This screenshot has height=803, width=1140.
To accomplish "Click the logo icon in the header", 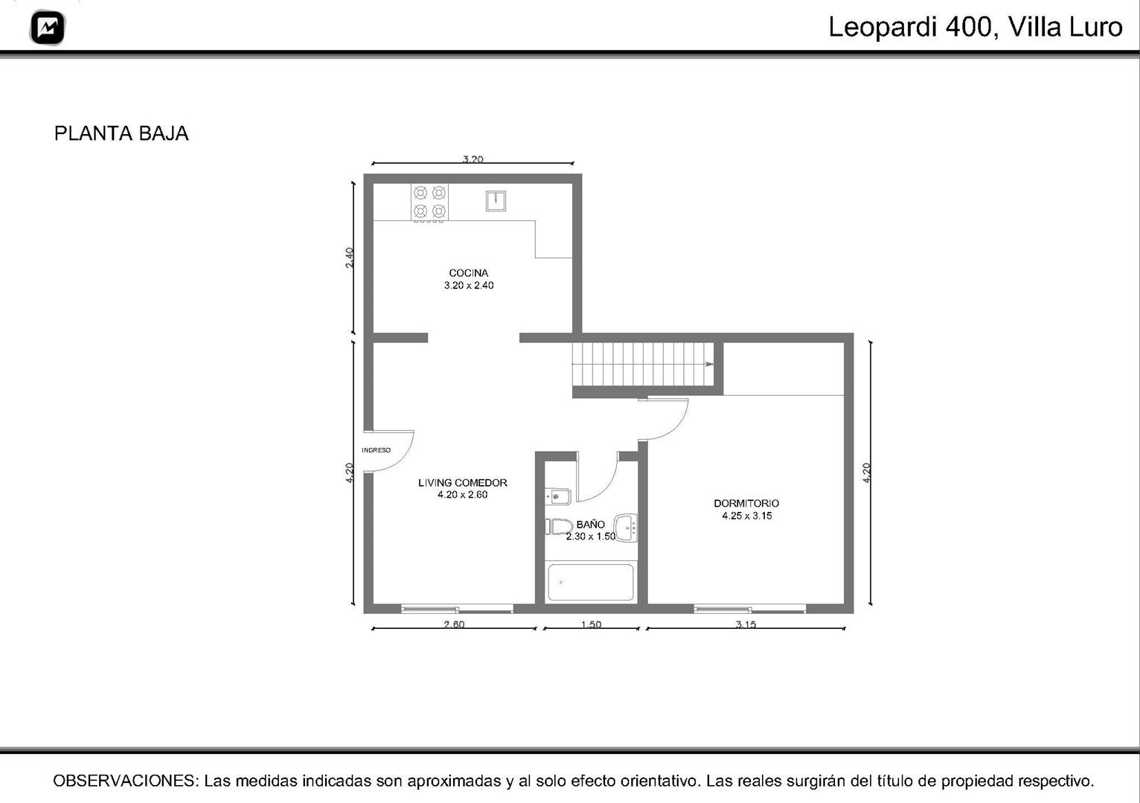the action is pos(48,27).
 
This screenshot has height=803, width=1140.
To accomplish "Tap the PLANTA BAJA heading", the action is pos(121,133).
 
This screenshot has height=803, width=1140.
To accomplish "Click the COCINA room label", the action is pos(468,273).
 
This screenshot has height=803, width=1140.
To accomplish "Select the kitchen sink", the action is pos(495,200).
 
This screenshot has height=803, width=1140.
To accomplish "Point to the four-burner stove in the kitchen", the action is pos(429,202).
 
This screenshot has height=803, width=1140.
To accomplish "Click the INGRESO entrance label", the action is pos(376,450).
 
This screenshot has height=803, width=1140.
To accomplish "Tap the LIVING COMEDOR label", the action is pos(463,482).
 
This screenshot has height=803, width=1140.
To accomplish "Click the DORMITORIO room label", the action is pos(746,503).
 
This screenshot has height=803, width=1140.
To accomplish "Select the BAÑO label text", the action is pos(590,524).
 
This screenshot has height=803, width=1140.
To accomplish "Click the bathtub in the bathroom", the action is pos(590,582).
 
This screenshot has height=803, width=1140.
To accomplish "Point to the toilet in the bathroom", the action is pos(559,527).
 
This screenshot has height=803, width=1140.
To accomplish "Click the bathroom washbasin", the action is pos(626,528).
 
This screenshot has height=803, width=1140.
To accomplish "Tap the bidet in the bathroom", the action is pos(558,496).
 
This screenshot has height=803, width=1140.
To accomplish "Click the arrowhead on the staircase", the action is pos(709,364).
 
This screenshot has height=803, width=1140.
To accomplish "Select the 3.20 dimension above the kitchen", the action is pos(473,159).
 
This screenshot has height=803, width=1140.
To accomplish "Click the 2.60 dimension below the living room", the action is pos(454,624).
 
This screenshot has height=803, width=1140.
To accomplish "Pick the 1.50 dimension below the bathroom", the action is pos(591,624).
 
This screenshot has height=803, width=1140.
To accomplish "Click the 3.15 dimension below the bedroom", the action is pos(746,624).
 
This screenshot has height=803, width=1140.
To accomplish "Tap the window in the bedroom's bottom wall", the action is pos(749,608).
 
